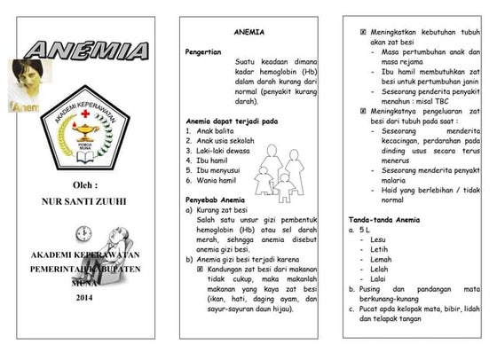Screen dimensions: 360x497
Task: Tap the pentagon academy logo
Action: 83,131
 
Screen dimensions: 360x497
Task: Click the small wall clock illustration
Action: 84,233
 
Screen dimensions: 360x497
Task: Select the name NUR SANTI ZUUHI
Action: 84,202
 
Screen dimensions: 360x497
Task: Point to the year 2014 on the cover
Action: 84,297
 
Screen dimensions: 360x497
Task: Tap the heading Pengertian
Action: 202,52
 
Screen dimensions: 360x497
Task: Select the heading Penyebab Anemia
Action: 215,200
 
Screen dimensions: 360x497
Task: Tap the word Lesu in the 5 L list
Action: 379,239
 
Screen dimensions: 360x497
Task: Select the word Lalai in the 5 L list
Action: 378,278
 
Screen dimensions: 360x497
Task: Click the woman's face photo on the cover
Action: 27,82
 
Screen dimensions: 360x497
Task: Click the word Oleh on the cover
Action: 83,185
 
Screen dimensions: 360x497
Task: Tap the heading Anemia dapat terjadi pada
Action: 232,121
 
